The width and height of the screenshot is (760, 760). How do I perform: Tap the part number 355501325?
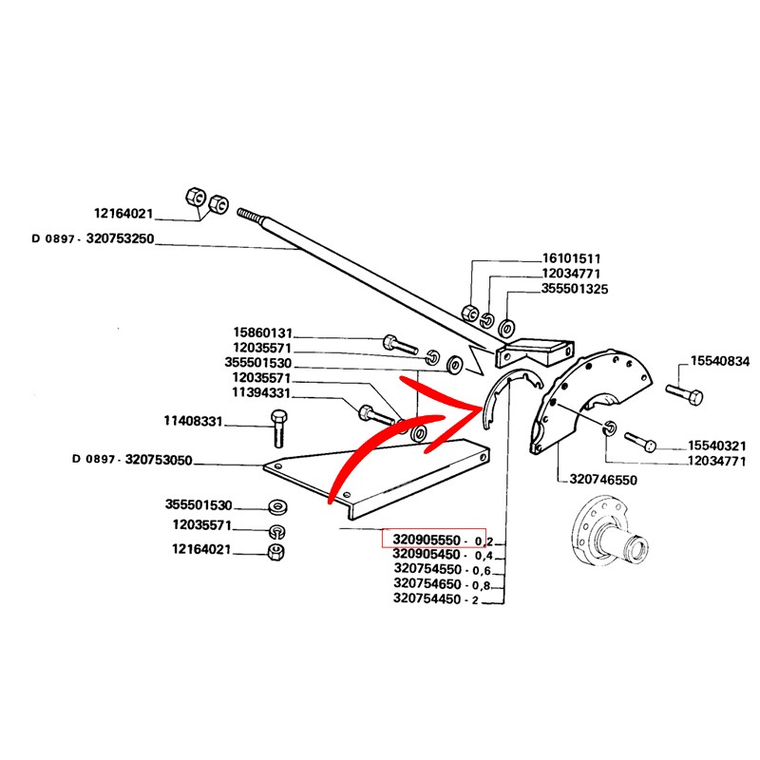click(575, 288)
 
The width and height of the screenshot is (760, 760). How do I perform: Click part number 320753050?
click(139, 461)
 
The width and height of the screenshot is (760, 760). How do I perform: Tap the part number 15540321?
click(718, 446)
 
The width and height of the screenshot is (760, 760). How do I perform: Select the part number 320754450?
click(427, 599)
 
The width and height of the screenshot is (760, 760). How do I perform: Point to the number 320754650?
click(427, 584)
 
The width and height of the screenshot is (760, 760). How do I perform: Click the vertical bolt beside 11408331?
click(277, 428)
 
